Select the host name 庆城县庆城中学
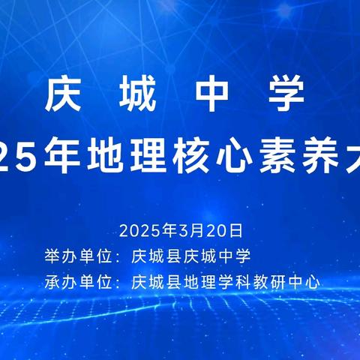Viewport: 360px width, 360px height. tap(190, 256)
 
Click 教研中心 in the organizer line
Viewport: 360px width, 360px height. tap(293, 283)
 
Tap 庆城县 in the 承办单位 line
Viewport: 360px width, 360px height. tap(157, 283)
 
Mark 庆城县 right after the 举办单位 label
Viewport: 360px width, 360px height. tap(157, 256)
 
